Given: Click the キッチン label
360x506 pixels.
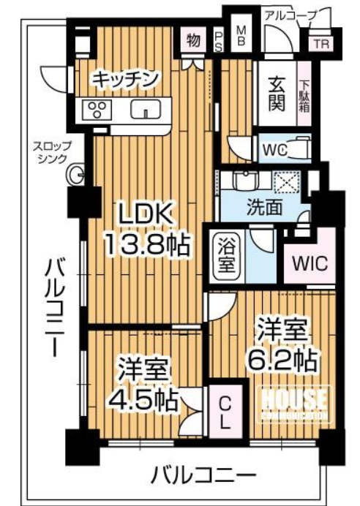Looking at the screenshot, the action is tap(125, 78).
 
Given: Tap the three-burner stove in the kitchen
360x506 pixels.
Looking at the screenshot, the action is tap(97, 110).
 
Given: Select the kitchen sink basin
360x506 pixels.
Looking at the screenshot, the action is tap(146, 109).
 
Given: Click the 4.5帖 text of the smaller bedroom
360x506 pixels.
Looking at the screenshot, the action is tap(143, 399).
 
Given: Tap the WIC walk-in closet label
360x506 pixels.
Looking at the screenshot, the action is tap(310, 263).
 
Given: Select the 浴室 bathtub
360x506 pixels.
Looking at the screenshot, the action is tap(227, 255).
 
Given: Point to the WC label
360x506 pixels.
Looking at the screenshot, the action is tap(275, 150).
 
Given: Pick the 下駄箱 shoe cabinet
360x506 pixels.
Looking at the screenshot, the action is tap(304, 94).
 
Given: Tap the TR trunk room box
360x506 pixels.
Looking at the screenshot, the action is tap(321, 44).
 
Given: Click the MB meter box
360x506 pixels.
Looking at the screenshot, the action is tap(241, 36).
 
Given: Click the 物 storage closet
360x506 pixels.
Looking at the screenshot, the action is tap(193, 40).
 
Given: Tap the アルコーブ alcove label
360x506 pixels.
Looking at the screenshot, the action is tap(290, 15).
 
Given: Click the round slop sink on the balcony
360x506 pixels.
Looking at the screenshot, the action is tap(75, 175).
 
